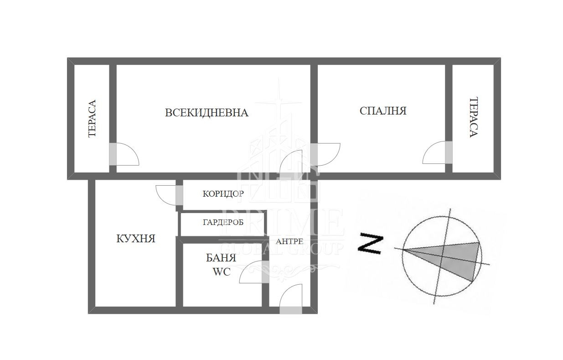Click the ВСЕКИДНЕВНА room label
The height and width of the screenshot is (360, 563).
[207, 113]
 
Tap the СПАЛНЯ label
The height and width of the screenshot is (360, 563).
[383, 111]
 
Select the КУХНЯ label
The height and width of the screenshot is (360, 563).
[136, 239]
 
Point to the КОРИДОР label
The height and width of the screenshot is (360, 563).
[223, 194]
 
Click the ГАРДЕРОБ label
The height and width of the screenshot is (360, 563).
[223, 222]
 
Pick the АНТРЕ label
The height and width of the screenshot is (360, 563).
[289, 241]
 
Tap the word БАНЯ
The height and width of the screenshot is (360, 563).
[221, 258]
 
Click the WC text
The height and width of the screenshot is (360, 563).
[222, 271]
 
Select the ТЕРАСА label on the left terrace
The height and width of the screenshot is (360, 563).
[92, 119]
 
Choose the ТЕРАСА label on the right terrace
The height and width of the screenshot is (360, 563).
[474, 117]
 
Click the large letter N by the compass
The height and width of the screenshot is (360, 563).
[370, 244]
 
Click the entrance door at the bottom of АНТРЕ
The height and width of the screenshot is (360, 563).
[291, 300]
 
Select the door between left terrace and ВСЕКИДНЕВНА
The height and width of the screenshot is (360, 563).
[124, 154]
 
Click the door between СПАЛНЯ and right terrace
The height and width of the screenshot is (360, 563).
[437, 152]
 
